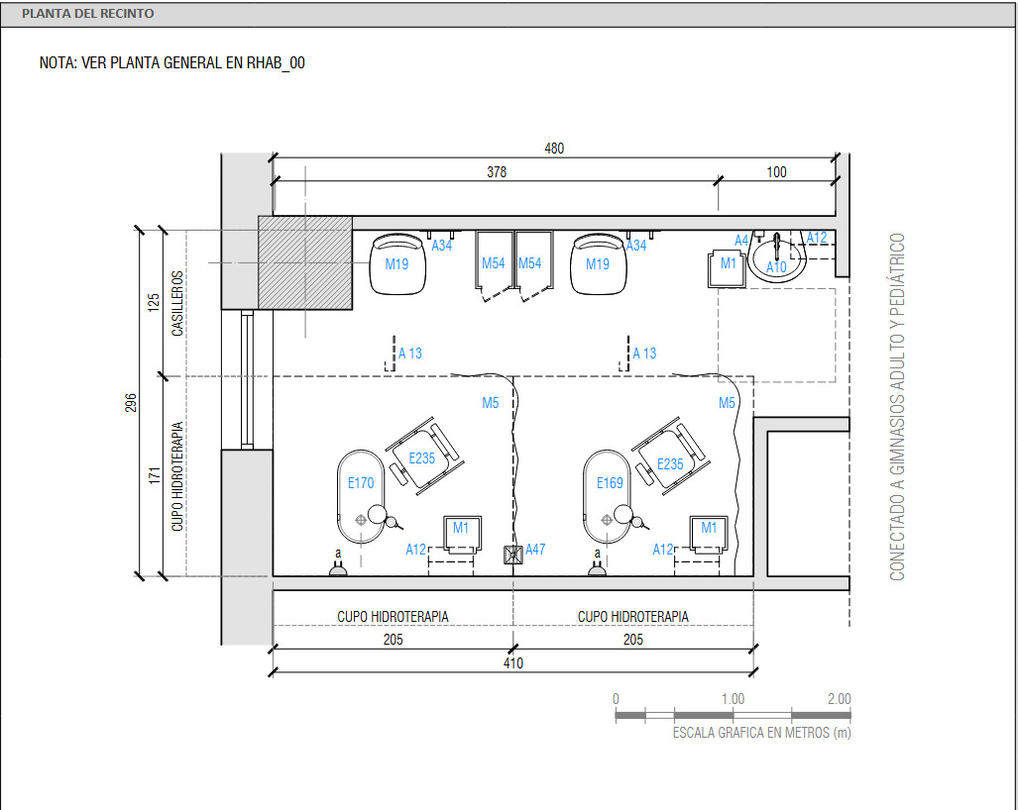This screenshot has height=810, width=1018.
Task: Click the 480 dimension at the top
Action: coord(554,149)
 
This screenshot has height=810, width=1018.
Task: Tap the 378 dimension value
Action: coord(497,172)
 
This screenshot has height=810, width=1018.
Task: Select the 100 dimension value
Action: coord(776,172)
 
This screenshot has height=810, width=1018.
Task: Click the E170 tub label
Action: coord(361,483)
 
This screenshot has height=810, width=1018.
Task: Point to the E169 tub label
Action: coord(610,483)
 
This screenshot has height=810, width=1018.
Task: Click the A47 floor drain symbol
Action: coord(513,555)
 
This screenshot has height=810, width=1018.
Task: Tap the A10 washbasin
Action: coord(777,258)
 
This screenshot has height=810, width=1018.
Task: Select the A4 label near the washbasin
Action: coord(741,241)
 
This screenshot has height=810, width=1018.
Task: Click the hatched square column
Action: coord(305,262)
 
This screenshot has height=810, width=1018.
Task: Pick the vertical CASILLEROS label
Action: coord(177,304)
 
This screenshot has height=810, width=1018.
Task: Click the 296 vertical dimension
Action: coord(131,403)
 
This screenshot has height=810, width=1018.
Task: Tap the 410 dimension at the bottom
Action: coord(512,662)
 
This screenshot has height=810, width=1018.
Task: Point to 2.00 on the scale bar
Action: coord(839,699)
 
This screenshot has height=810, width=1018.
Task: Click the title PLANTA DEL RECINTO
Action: coord(87,14)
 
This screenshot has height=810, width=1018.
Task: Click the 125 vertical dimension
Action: coord(154,303)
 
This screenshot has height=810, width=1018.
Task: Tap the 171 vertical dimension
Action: coord(154,476)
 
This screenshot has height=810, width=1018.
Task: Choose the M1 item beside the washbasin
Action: coord(728,267)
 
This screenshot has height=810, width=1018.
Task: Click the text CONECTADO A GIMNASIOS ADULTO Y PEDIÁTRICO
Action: coord(897,407)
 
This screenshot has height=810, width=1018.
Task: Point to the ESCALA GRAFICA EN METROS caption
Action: coord(761,733)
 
